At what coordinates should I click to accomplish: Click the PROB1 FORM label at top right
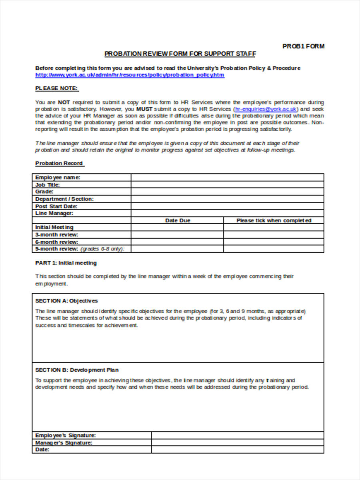tap(303, 46)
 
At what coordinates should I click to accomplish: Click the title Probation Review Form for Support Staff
tap(180, 54)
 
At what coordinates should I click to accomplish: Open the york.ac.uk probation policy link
tap(130, 75)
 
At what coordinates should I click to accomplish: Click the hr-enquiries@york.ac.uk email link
tap(266, 109)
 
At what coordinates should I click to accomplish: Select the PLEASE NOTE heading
tap(57, 88)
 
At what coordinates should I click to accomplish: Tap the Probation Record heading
tap(59, 163)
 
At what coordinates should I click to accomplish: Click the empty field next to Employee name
tap(227, 177)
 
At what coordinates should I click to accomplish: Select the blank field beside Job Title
tap(227, 184)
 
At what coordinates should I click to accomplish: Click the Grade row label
tap(44, 192)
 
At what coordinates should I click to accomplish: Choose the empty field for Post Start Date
tap(227, 206)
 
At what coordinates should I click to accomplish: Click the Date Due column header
tap(178, 220)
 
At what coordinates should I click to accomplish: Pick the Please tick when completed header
tap(274, 220)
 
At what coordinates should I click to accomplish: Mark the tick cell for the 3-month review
tap(274, 235)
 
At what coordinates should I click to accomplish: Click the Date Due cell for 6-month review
tap(177, 242)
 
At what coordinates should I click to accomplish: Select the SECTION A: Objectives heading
tap(66, 301)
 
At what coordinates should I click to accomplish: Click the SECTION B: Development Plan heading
tap(77, 370)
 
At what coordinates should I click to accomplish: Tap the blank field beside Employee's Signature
tap(237, 435)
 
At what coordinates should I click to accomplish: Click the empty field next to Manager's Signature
tap(237, 442)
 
